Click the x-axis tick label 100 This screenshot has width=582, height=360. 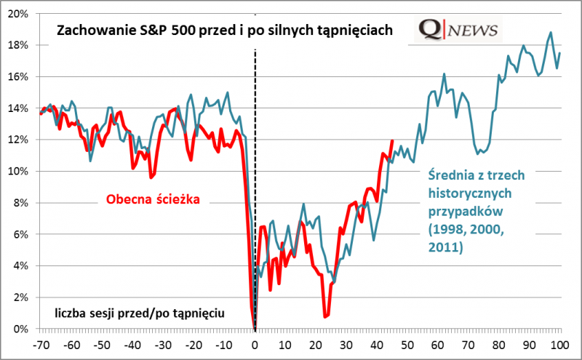[559, 344]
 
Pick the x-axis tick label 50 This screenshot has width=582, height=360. [407, 344]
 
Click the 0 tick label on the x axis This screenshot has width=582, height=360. [255, 344]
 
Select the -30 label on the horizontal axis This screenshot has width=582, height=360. [163, 344]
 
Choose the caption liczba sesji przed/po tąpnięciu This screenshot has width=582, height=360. [139, 313]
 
